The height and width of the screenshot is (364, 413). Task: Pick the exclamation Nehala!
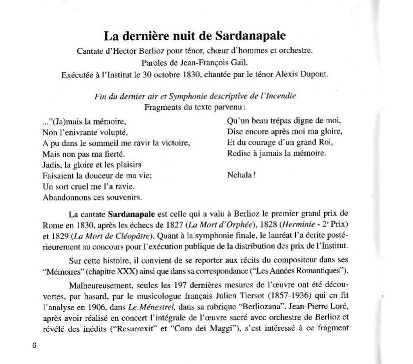pyautogui.click(x=241, y=175)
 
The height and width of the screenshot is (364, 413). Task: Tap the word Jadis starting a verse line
pyautogui.click(x=51, y=165)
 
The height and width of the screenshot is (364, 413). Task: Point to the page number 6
pyautogui.click(x=34, y=345)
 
